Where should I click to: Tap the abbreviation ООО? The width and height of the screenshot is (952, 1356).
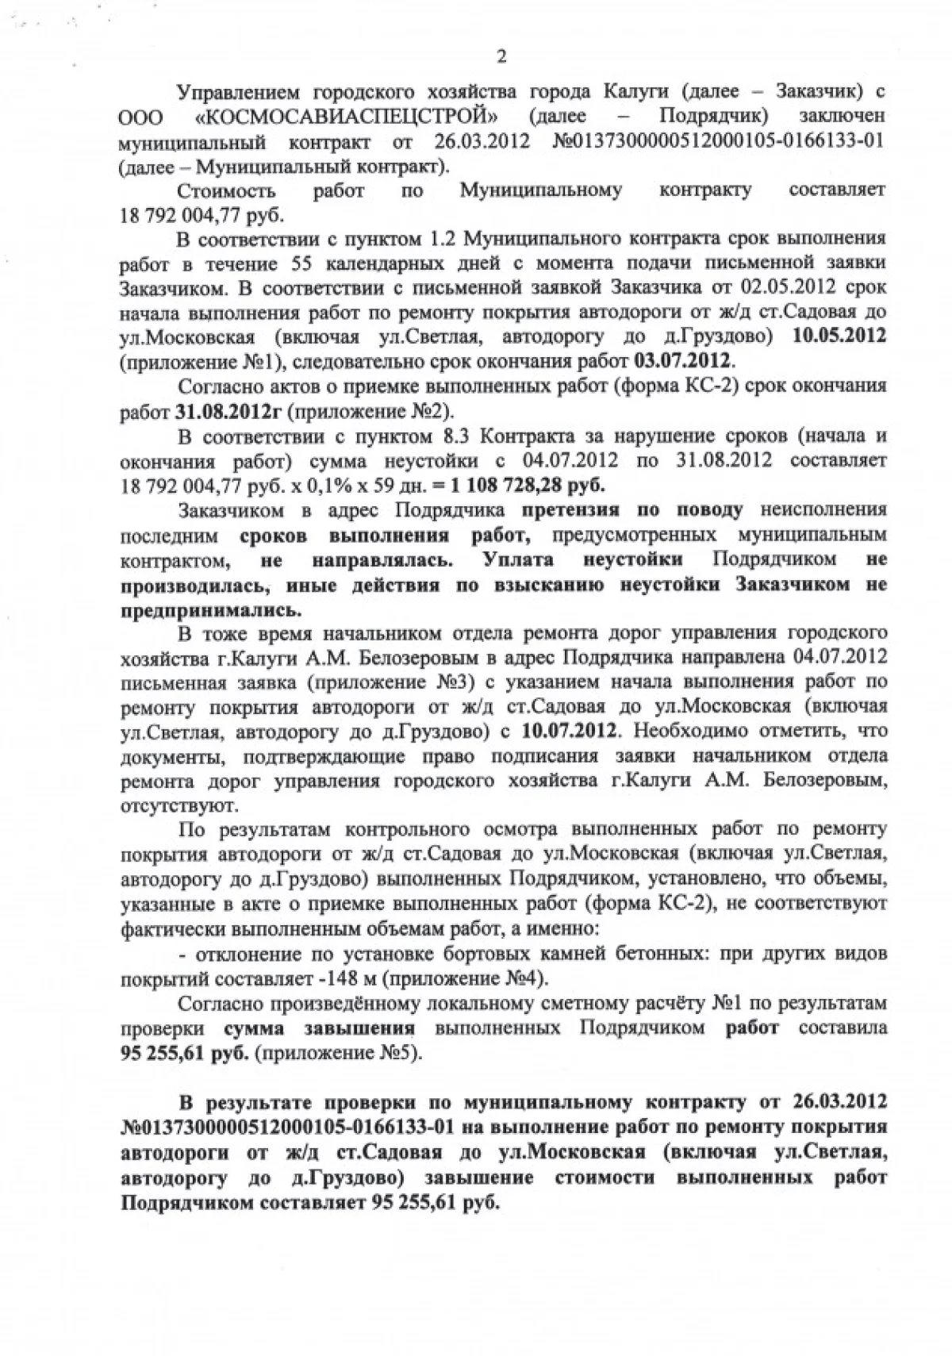142,117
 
